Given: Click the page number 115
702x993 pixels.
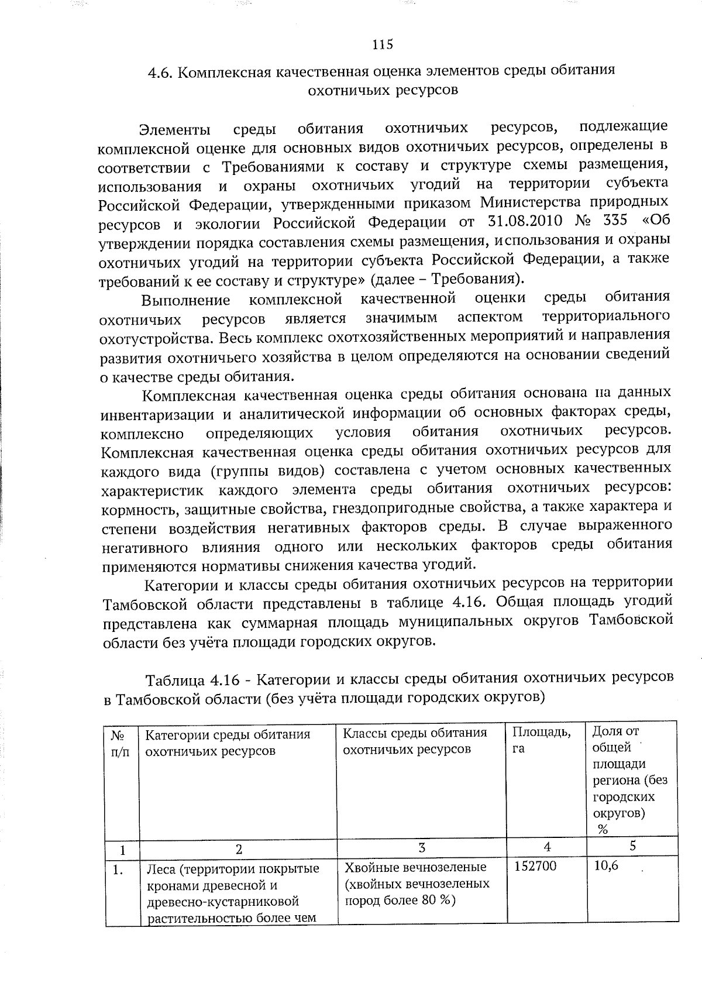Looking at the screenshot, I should pos(383,44).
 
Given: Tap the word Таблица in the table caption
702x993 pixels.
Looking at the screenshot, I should pos(174,681).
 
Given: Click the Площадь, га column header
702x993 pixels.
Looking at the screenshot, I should pos(542,740).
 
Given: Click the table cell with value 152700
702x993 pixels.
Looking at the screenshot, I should pos(535,866).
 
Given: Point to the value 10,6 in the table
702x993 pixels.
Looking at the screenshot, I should pos(606,866).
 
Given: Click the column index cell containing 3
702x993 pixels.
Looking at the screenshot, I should pos(422,847).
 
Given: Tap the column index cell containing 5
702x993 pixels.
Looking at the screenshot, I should pos(633,846).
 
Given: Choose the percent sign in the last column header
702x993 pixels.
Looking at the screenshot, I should pos(603,829).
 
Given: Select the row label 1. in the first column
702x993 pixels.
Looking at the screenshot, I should pos(118,870).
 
